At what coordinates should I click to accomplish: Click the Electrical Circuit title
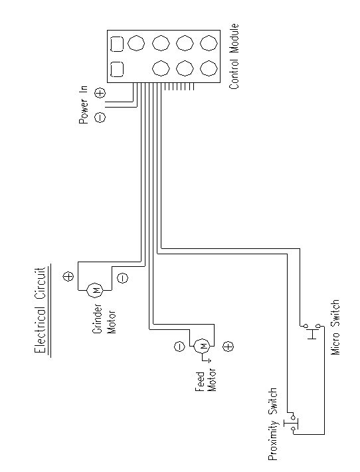coord(40,309)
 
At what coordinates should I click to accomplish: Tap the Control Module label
coord(234,56)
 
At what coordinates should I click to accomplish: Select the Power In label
coord(84,105)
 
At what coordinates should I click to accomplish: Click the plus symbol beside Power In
coord(100,93)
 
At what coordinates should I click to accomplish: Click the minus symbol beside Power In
coord(100,117)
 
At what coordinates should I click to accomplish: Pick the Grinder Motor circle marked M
coord(95,290)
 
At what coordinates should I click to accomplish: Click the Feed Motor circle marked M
coord(202,346)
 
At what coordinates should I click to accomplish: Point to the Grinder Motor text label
coord(104,319)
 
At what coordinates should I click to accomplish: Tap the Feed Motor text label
coord(206,380)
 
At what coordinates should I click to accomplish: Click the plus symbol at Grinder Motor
coord(68,276)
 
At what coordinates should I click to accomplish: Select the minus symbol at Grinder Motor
coord(122,277)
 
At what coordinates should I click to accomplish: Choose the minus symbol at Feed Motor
coord(179,346)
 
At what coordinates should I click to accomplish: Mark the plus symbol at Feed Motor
coord(228,347)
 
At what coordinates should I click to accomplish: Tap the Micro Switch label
coord(335,327)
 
